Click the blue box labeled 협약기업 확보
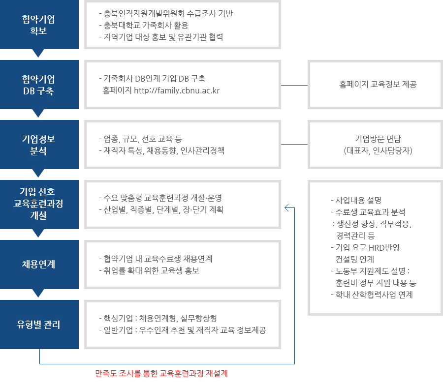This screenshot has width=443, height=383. (39, 25)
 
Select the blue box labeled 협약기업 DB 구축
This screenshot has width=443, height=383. (39, 85)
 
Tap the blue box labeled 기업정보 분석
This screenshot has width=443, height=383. (39, 145)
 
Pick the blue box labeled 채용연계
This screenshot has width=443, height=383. (39, 265)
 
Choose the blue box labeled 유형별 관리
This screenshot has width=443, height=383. (39, 324)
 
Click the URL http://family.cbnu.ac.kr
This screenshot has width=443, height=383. (177, 90)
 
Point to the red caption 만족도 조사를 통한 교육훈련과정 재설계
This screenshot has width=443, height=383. (161, 373)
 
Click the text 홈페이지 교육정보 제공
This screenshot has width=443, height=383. (378, 85)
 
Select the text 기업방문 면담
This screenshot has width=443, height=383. (378, 139)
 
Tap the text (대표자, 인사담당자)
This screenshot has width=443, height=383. (378, 150)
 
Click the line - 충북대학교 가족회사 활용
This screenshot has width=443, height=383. (144, 26)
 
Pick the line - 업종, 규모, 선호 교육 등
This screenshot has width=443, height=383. (140, 139)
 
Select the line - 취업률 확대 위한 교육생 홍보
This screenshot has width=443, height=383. (150, 271)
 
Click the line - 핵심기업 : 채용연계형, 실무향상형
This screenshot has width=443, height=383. (158, 319)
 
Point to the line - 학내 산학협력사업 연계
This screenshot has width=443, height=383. (372, 295)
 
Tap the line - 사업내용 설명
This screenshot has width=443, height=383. (356, 200)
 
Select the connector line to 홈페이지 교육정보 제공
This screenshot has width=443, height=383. (294, 85)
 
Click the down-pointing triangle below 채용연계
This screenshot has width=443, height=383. (38, 293)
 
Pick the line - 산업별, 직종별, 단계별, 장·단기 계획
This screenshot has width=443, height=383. (161, 210)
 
